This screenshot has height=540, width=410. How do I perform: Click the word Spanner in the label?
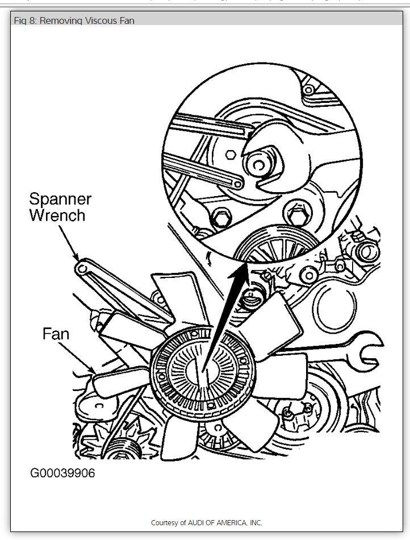(x=60, y=200)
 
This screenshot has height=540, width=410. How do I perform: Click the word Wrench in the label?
(x=57, y=215)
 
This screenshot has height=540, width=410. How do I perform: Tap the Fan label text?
(x=56, y=334)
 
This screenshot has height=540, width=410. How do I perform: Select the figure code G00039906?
(x=62, y=473)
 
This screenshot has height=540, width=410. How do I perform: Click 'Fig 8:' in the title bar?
(x=25, y=21)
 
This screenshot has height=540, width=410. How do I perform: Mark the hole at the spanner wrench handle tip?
(x=83, y=266)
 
